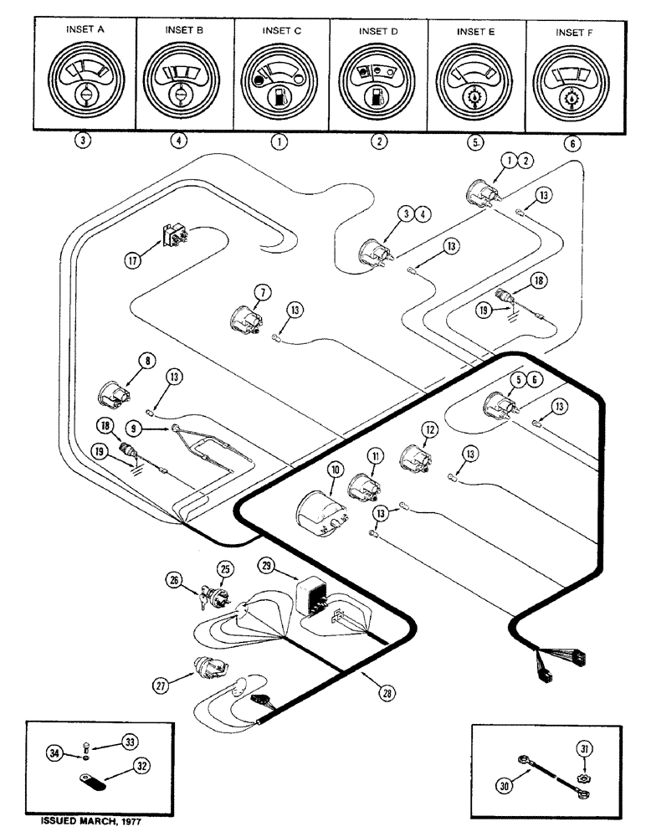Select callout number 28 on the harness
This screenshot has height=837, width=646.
pyautogui.click(x=387, y=693)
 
